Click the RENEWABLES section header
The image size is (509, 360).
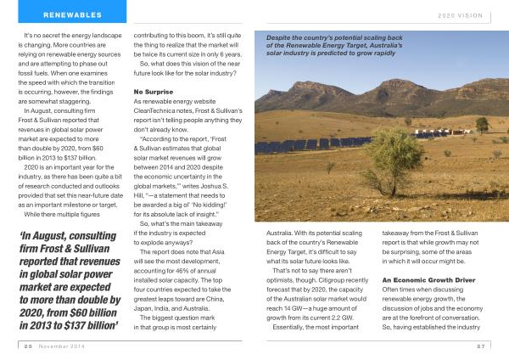pos(72,14)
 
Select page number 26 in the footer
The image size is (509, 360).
pos(27,346)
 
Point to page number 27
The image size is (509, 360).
pos(480,346)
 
